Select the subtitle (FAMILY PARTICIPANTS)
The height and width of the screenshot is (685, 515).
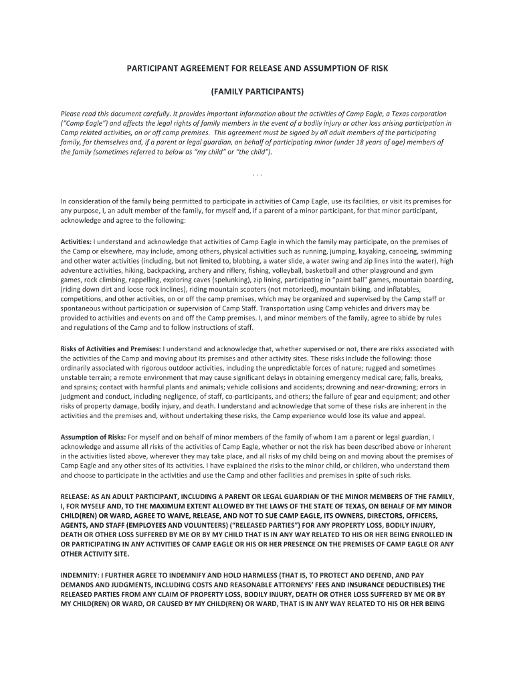coord(257,91)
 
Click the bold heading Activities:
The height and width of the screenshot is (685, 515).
coord(76,241)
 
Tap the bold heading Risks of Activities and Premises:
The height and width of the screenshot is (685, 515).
coord(111,349)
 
